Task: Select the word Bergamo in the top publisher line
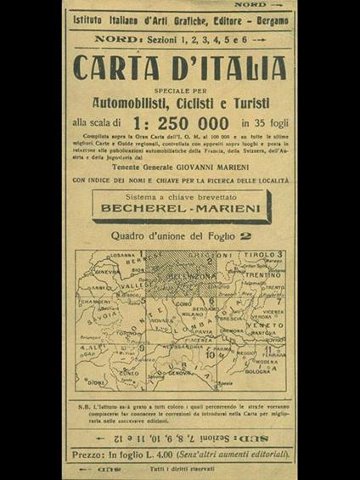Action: point(267,20)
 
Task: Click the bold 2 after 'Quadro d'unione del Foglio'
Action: point(248,237)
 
